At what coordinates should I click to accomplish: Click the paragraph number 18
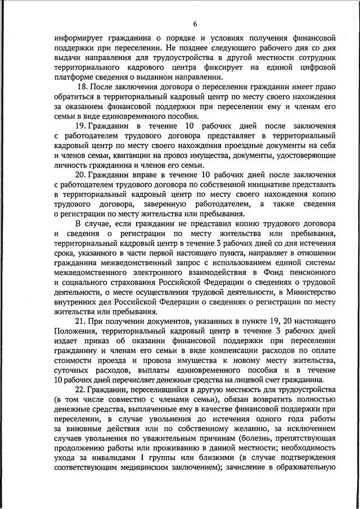coord(83,88)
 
